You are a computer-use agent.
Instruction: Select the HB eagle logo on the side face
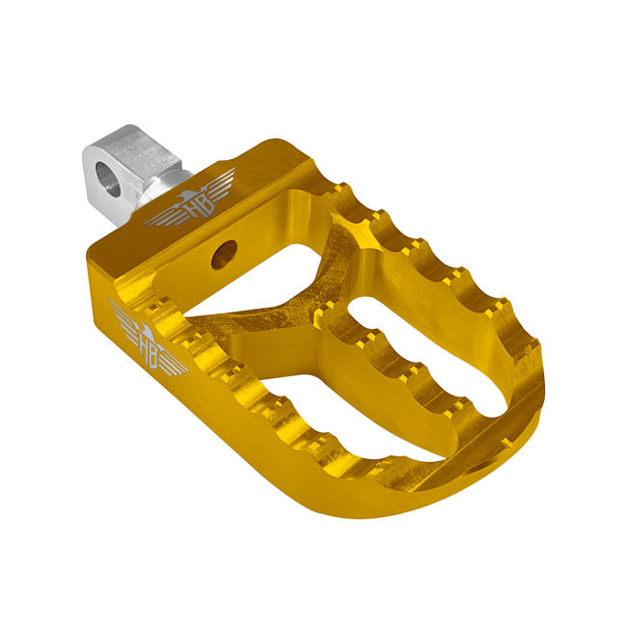point(148,342)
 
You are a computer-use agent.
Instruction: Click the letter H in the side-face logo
point(144,347)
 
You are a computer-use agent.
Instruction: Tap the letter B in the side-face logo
point(154,354)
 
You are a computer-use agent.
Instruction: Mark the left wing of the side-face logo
point(123,318)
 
